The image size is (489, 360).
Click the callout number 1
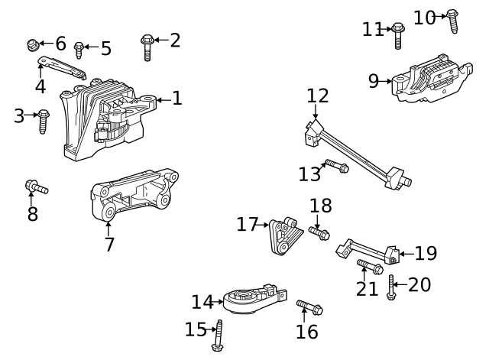pos(176,99)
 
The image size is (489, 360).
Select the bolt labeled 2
pos(147,47)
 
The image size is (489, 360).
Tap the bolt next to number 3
pos(44,121)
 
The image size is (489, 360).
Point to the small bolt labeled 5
pos(79,50)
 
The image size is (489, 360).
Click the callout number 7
pos(109,245)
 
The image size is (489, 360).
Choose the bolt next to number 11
pos(397,35)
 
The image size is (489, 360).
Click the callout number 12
pos(318,96)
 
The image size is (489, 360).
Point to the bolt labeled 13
pos(336,166)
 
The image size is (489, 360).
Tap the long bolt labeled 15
pos(218,336)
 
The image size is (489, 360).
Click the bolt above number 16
pos(309,308)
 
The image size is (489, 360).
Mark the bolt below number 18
pos(319,231)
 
